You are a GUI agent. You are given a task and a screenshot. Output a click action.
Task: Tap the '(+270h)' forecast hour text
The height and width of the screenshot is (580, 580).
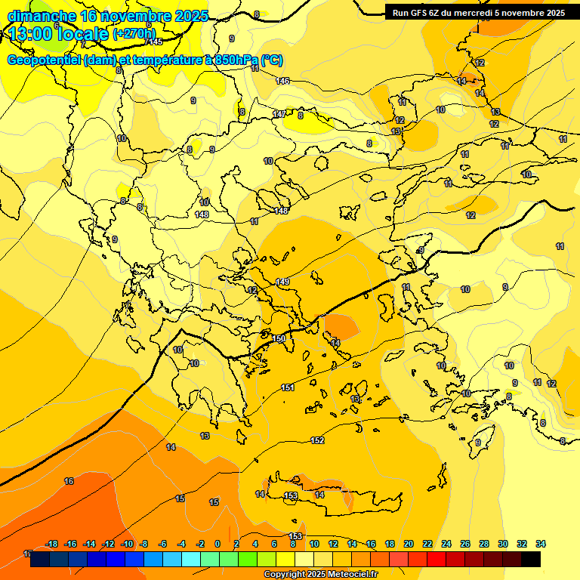[134, 33]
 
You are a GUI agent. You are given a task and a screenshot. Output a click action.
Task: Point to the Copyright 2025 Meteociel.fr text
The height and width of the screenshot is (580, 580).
[321, 575]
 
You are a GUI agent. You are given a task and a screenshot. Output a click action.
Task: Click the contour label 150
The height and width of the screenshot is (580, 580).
[279, 339]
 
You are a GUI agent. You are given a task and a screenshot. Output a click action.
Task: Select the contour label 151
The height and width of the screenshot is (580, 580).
[287, 387]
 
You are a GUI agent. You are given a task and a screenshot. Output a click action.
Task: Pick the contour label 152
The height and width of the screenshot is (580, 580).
[317, 440]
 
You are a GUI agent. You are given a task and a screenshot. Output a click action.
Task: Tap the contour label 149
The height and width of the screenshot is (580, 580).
[282, 282]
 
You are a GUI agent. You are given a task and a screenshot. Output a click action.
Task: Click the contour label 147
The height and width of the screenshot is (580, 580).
[279, 114]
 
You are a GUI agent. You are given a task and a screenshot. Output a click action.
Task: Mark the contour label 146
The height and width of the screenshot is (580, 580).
[282, 81]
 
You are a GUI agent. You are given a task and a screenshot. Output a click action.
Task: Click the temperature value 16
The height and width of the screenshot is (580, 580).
[69, 481]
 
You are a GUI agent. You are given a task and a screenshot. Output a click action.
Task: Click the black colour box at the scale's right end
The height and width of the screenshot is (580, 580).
[531, 560]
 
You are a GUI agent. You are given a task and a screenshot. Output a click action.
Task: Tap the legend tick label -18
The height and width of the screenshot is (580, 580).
[52, 544]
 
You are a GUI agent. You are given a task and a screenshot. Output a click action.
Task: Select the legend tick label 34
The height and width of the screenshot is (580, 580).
[541, 544]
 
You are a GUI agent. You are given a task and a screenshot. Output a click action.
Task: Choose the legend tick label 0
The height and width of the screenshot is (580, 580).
[217, 544]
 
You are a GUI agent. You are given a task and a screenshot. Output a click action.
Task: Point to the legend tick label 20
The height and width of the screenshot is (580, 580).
[409, 544]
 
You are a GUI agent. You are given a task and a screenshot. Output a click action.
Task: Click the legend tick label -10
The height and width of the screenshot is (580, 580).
[126, 544]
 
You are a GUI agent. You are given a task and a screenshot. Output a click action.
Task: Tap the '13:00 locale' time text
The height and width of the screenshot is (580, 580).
[58, 34]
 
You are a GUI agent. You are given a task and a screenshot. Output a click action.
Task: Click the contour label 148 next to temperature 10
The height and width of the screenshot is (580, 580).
[202, 214]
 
